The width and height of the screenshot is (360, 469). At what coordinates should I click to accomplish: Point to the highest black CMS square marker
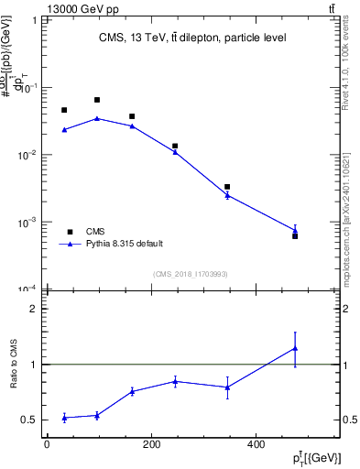coord(97,100)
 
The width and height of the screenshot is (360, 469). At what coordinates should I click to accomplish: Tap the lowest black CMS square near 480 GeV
coord(295,236)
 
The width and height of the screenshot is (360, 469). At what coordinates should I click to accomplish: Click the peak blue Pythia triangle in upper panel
coord(97,118)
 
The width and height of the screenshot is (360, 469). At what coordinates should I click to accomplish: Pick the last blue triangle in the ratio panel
coord(295,348)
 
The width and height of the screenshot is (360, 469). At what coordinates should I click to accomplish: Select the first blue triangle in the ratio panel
coord(64,418)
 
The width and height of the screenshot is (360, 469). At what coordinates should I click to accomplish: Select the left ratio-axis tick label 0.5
coord(28,420)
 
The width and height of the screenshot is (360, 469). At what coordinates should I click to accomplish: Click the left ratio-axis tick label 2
coord(32,309)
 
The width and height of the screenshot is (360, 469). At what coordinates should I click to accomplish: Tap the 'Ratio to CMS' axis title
coord(15,364)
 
